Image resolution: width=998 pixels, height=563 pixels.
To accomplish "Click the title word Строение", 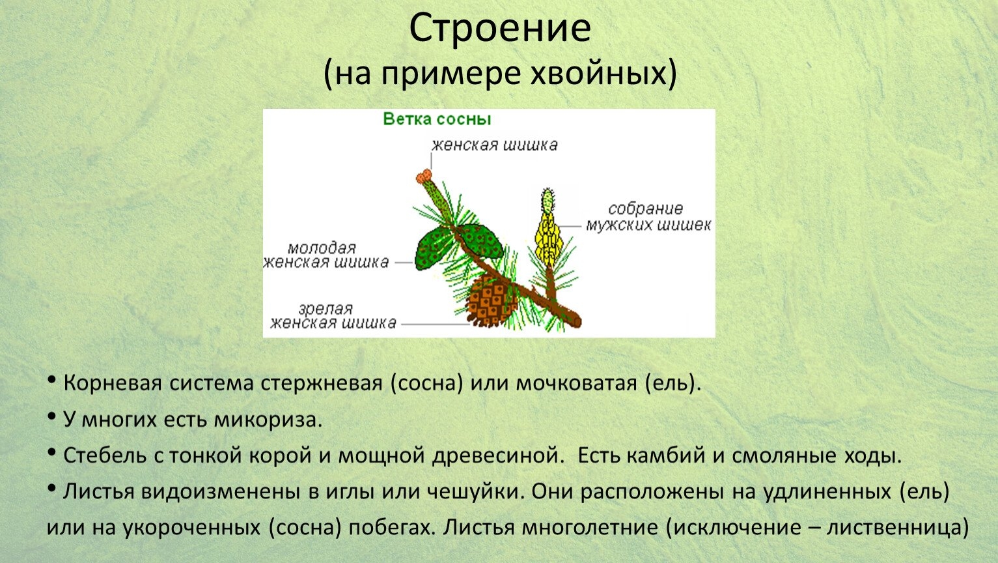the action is click(500, 29).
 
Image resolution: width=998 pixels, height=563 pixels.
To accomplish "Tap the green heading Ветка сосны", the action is click(437, 119).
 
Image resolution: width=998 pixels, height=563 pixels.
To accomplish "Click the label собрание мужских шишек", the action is click(648, 217).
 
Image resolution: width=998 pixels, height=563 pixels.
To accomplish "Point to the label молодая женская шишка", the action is click(326, 255).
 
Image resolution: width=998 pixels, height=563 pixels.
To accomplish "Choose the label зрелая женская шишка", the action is click(333, 315).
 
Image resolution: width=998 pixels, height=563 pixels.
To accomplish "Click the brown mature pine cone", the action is click(490, 301).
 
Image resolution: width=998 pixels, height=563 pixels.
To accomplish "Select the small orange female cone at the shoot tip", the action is click(424, 176).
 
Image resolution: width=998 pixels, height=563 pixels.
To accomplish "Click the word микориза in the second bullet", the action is click(268, 420).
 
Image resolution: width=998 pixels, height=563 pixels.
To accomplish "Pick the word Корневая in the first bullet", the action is click(113, 383).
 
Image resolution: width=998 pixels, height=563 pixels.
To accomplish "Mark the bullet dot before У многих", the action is click(51, 416).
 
